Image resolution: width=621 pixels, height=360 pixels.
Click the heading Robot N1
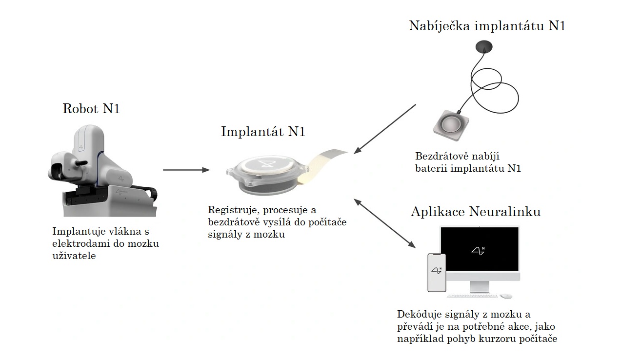(x=91, y=108)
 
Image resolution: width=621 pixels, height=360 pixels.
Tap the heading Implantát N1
(x=263, y=131)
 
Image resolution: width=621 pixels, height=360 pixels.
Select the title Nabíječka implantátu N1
(x=487, y=26)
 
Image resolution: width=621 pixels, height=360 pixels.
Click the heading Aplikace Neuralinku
(x=476, y=212)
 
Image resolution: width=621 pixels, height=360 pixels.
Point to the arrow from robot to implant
(x=186, y=170)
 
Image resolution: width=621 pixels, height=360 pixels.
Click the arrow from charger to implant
(x=385, y=129)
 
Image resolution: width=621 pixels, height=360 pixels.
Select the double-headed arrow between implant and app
(x=384, y=223)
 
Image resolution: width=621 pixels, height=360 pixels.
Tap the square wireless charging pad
(x=451, y=125)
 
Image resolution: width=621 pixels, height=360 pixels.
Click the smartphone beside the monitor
(x=437, y=273)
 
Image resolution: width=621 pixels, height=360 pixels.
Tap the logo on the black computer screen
(x=478, y=251)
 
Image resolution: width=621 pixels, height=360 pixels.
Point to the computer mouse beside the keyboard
(x=506, y=296)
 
